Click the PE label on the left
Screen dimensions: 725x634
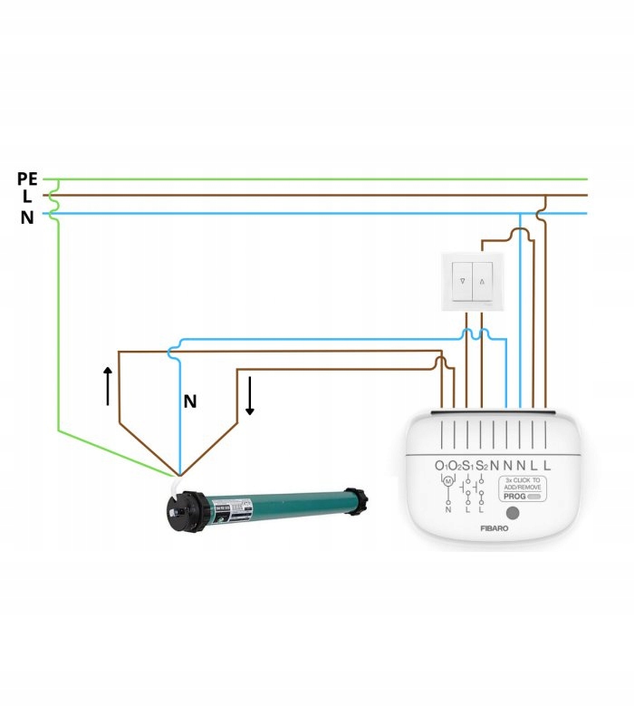tap(26, 179)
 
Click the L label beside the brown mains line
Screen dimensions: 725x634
tap(27, 197)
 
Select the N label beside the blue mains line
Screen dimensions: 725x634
tap(27, 217)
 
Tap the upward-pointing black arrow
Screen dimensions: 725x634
tap(108, 385)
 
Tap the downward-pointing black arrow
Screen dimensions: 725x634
tap(249, 397)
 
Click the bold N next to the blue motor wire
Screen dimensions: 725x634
tap(190, 401)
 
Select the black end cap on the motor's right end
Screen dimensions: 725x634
tap(360, 499)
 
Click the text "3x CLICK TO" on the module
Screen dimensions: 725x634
tap(523, 479)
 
